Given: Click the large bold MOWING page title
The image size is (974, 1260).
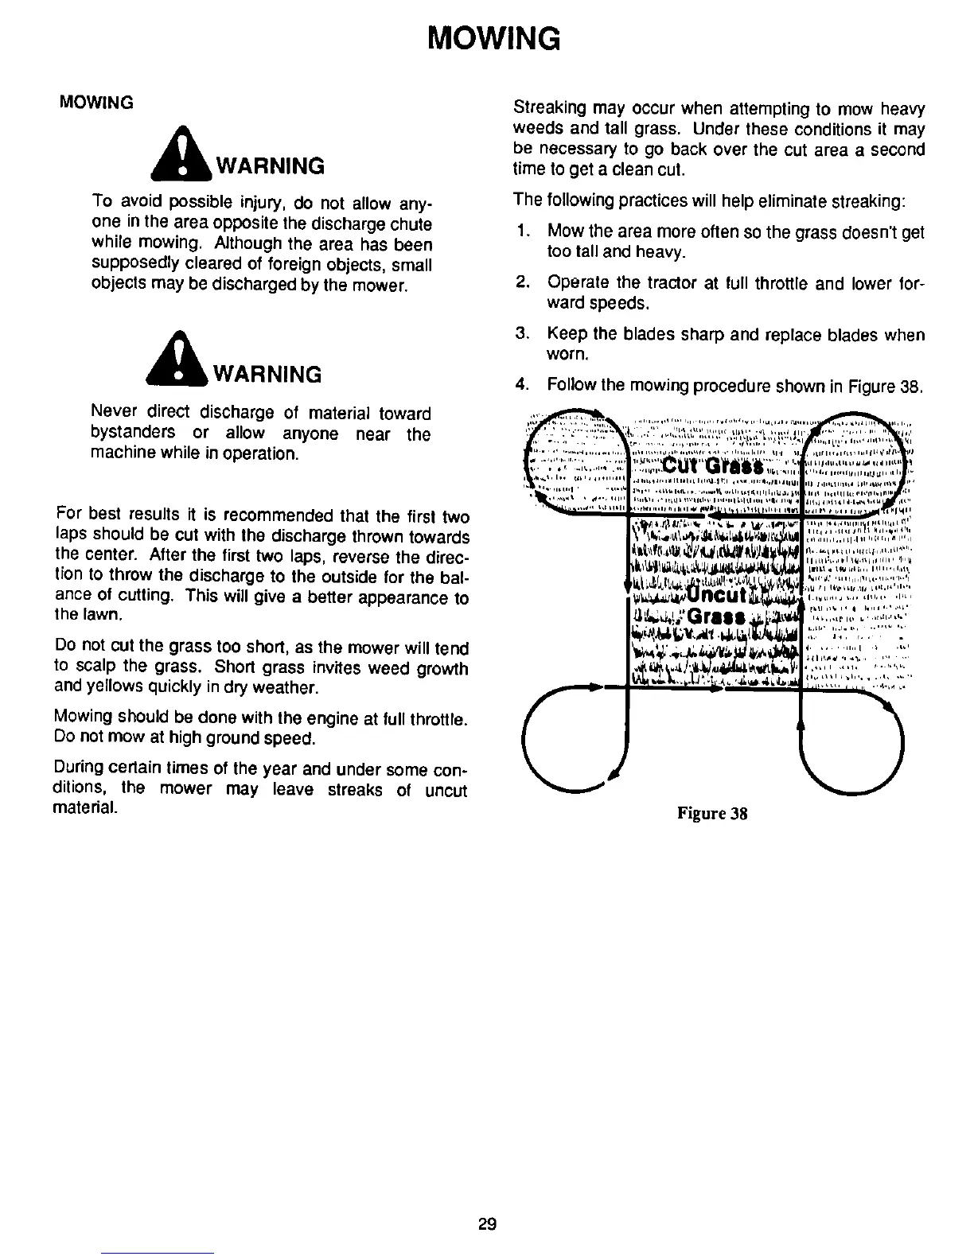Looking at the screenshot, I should point(493,37).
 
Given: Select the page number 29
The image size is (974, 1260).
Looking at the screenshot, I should point(488,1224).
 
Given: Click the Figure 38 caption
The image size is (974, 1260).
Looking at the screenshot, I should point(712,814).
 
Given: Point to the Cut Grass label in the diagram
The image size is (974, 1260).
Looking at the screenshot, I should point(712,465).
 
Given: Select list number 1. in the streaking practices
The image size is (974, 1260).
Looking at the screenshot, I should point(523,232).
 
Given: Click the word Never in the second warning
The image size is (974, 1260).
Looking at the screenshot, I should point(115,413).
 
